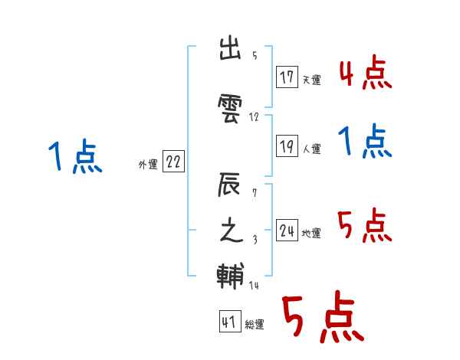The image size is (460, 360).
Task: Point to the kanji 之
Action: tap(232, 231)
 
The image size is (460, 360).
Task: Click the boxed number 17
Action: tap(287, 77)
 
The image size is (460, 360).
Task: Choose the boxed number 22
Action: tap(174, 162)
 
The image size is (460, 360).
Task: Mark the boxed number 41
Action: tap(229, 322)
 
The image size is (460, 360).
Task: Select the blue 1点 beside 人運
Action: tap(365, 142)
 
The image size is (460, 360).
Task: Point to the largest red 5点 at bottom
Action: tap(322, 319)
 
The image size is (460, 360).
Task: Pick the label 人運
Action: tap(311, 149)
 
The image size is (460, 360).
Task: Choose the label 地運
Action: tap(311, 234)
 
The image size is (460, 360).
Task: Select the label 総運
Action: tap(255, 326)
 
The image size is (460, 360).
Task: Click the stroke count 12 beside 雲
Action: tap(255, 117)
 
